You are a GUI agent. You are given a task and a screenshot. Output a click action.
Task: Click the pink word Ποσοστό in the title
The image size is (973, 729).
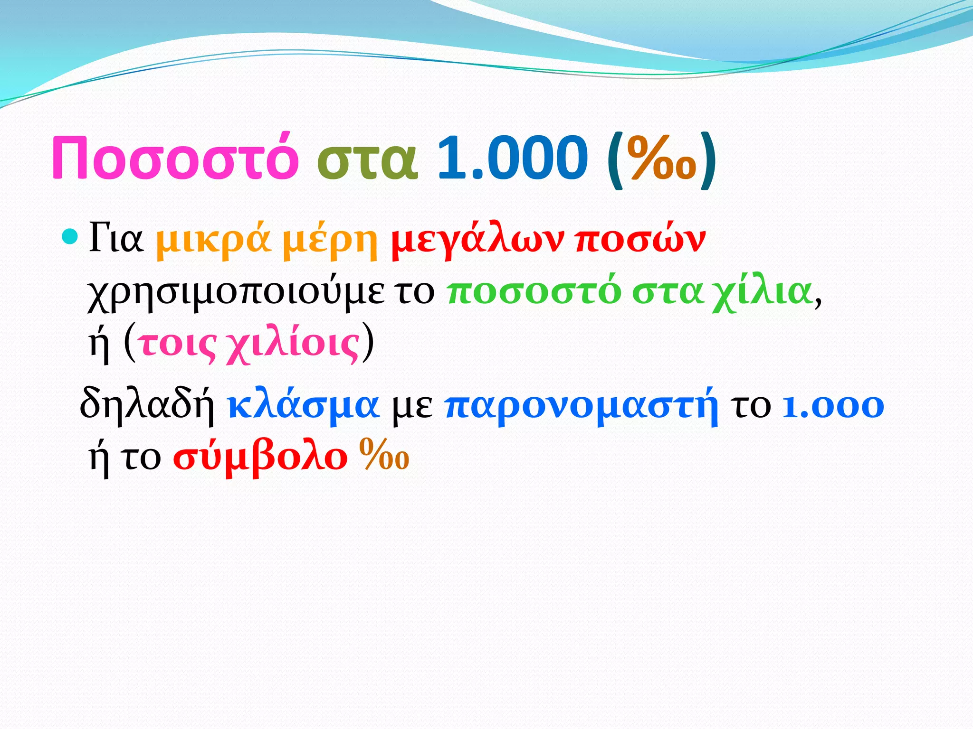point(174,158)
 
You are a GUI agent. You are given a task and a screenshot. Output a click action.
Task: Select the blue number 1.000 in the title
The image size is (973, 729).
point(512,158)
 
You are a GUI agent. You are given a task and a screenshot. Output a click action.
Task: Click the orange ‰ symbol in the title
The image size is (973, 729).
point(661,159)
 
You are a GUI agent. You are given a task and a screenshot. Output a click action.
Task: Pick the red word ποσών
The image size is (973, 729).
point(640,240)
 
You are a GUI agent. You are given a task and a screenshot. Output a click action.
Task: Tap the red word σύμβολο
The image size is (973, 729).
point(260,458)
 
